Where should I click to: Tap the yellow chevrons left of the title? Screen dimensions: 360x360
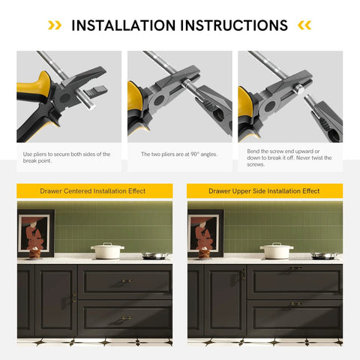point(55,25)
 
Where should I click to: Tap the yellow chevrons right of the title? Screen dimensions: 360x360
point(304,25)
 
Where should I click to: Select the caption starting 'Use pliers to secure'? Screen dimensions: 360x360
point(67,157)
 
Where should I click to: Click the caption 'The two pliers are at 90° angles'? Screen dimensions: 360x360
point(178,154)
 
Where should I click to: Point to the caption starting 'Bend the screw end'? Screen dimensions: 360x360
point(289,157)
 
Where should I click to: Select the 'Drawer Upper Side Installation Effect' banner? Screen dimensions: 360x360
point(265,191)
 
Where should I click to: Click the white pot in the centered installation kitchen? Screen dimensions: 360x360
point(107,250)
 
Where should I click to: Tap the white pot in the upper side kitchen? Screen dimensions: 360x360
point(277,250)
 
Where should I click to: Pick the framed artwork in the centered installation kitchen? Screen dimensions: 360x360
point(36,233)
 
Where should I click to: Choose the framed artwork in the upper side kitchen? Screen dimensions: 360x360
point(205,233)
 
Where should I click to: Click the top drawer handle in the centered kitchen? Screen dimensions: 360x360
point(125,281)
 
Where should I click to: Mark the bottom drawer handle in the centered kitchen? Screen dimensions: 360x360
point(125,318)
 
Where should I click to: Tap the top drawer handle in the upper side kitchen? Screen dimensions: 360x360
point(295,268)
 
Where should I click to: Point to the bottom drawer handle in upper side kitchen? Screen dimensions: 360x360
point(295,304)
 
